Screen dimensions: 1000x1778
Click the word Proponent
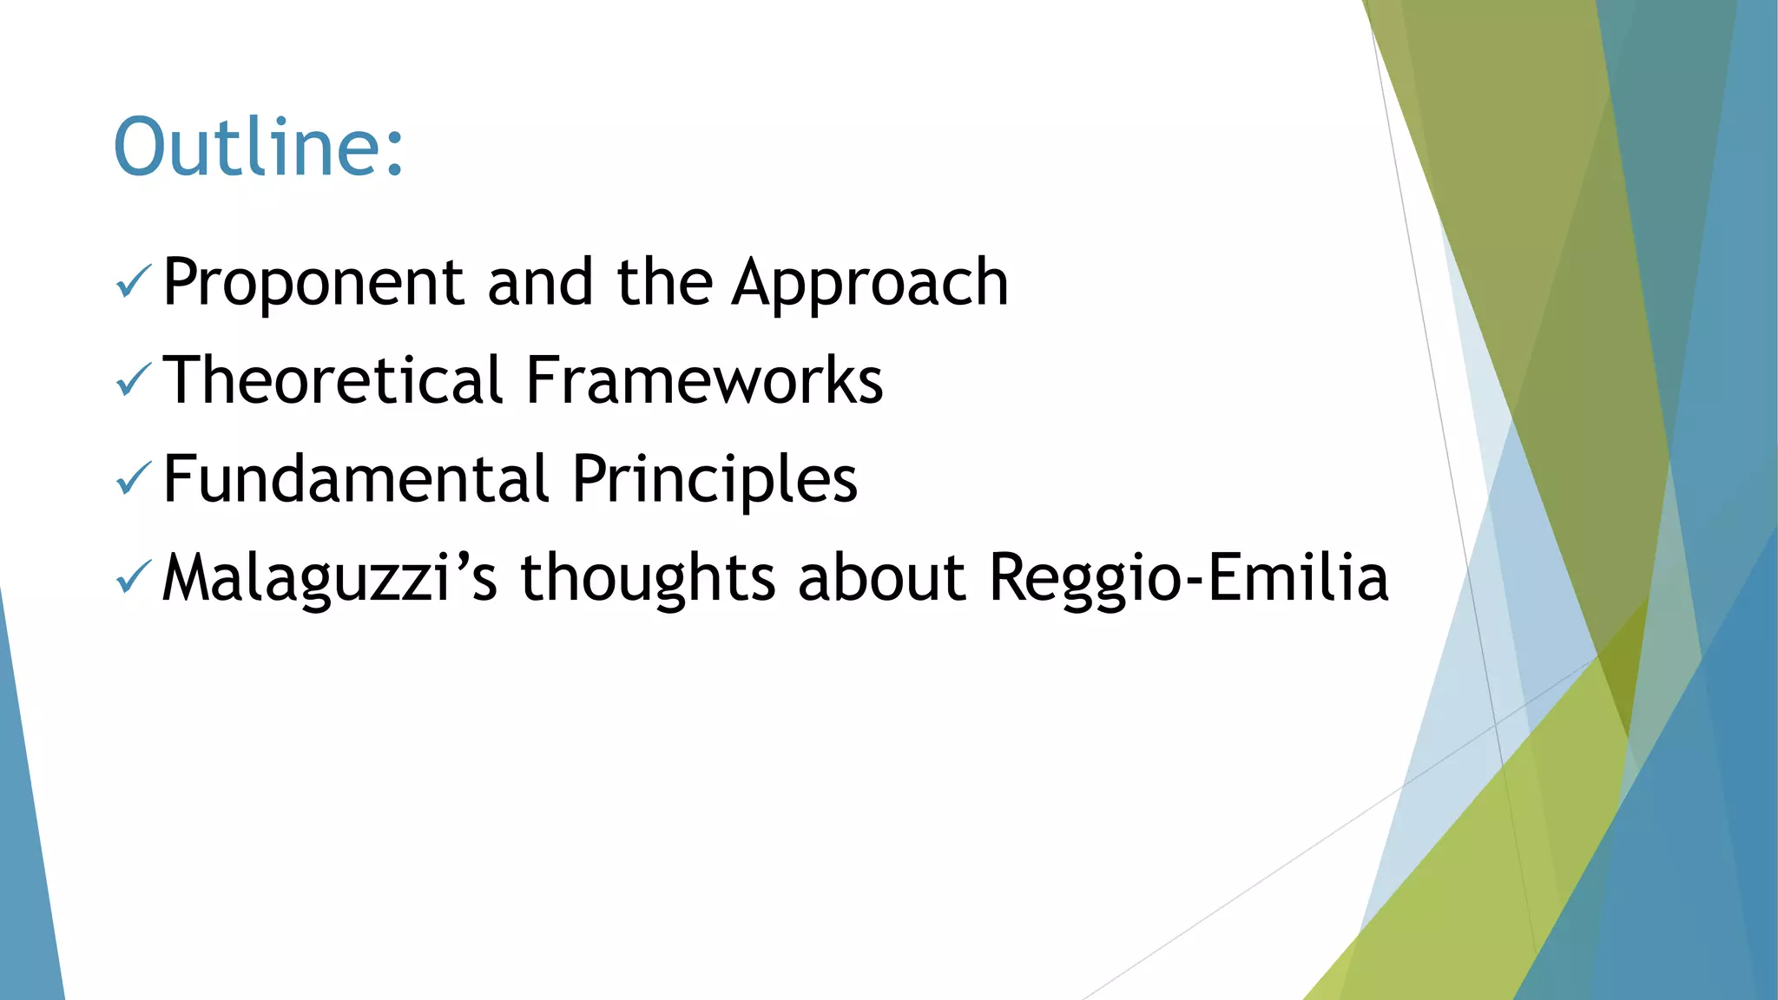coord(313,283)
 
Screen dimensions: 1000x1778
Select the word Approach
coord(870,283)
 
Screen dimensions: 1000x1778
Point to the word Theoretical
coord(333,381)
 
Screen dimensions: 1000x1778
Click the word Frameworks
coord(704,381)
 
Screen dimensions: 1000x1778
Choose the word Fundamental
coord(356,479)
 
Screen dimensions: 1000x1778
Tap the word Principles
coord(714,479)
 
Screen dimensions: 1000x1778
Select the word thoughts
coord(647,578)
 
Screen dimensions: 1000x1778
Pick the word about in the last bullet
coord(881,578)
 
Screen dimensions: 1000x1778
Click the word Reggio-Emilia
coord(1189,578)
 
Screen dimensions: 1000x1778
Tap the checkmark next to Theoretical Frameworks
coord(133,380)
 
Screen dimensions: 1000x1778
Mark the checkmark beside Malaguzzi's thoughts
coord(133,577)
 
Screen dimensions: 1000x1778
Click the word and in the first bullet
coord(540,283)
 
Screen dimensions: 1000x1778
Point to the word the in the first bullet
coord(664,283)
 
